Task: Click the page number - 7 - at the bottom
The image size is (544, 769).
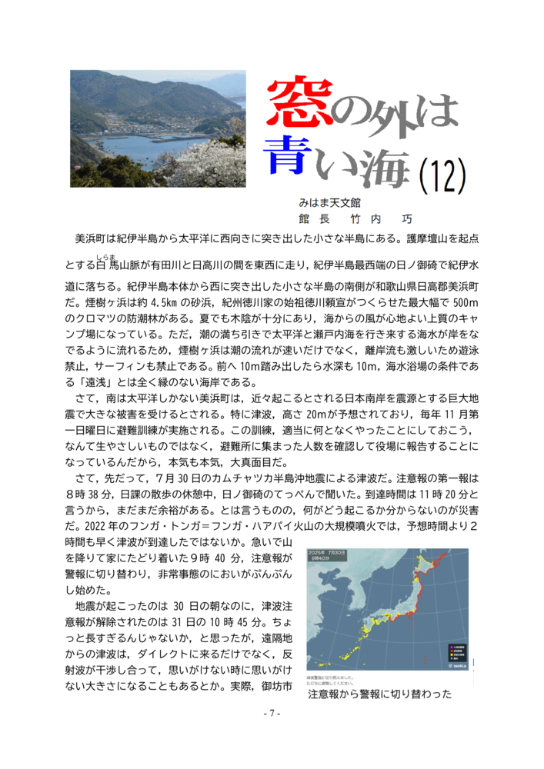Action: tap(272, 714)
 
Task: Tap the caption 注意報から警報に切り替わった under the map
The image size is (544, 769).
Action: tap(379, 695)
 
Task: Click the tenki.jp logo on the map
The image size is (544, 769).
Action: tap(456, 665)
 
